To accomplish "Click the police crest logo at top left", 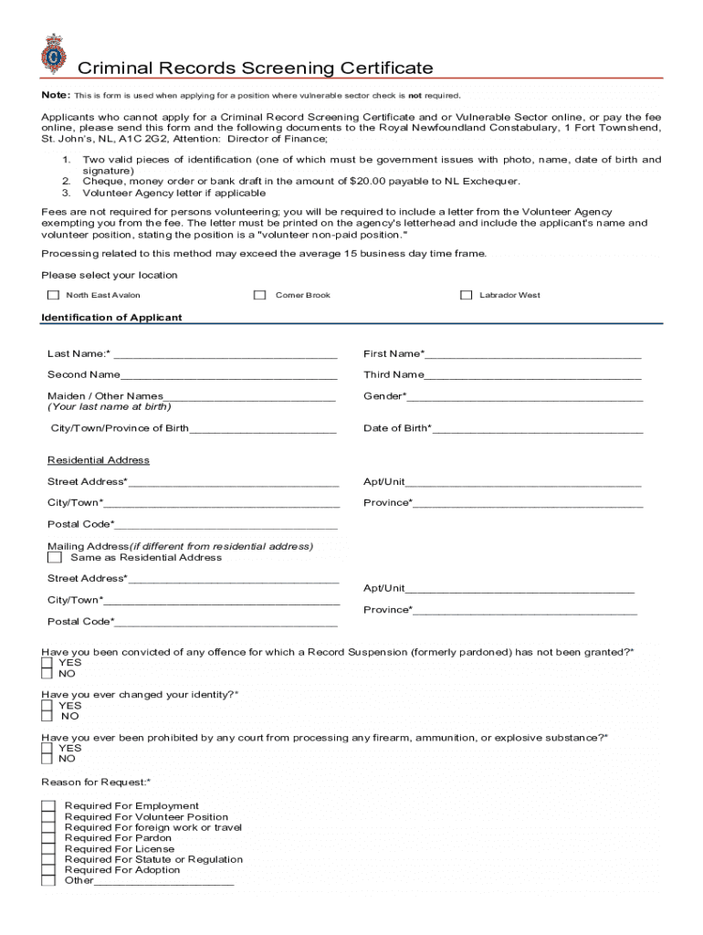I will (x=54, y=54).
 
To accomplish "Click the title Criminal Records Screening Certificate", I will (x=255, y=68).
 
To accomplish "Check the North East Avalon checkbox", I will (x=53, y=295).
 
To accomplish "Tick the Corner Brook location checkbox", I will (x=260, y=295).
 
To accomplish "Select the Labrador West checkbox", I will (x=466, y=295).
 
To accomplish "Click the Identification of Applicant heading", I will (x=111, y=318).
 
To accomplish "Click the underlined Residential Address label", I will (x=99, y=460).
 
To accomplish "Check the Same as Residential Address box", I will (x=55, y=557).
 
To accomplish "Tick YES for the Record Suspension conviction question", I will (x=47, y=663).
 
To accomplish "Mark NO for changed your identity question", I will (x=47, y=717).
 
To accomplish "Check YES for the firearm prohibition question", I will (x=47, y=748).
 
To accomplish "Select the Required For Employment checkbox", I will (x=47, y=806).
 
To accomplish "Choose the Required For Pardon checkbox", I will (x=47, y=838).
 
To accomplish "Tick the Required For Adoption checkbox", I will (x=47, y=870).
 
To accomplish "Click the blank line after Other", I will (x=164, y=882).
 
